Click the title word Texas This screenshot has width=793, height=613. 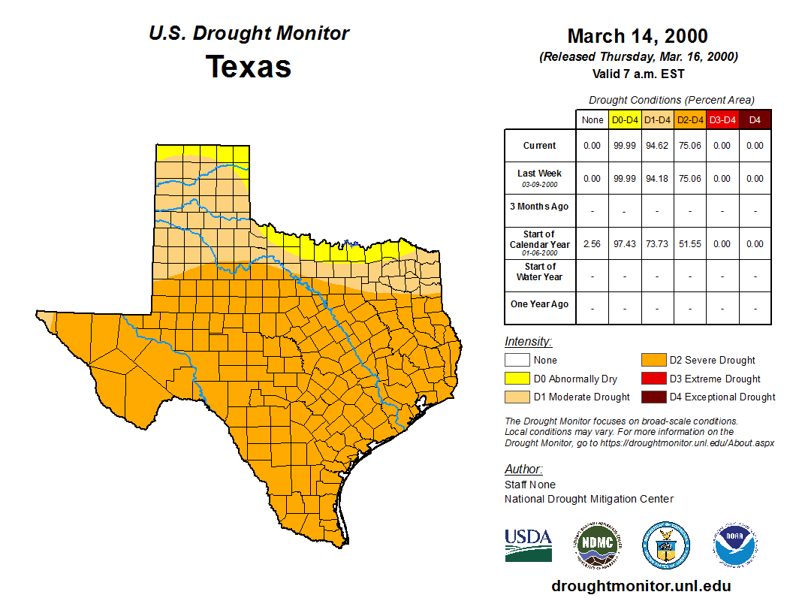pos(249,66)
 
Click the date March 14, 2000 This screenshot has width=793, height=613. pos(638,36)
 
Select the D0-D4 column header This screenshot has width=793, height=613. pos(625,119)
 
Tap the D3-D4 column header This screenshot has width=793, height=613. pos(722,119)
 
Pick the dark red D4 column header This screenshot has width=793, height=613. pos(755,119)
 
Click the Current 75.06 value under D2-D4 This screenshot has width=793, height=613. pos(689,146)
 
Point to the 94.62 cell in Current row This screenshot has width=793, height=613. pos(657,146)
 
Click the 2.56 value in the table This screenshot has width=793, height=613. pos(592,243)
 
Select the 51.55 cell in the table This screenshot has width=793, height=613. pos(689,243)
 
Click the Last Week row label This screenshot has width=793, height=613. pos(540,174)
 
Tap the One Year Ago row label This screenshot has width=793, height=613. pos(540,304)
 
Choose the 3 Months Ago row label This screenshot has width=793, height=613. pos(540,207)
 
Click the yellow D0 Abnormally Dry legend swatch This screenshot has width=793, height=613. pos(517,379)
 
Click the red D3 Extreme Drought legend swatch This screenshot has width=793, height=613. pos(653,379)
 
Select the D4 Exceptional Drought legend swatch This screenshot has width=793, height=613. pos(653,397)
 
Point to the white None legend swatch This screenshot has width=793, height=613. pos(517,361)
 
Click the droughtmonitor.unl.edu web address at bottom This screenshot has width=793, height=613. pos(641,586)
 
